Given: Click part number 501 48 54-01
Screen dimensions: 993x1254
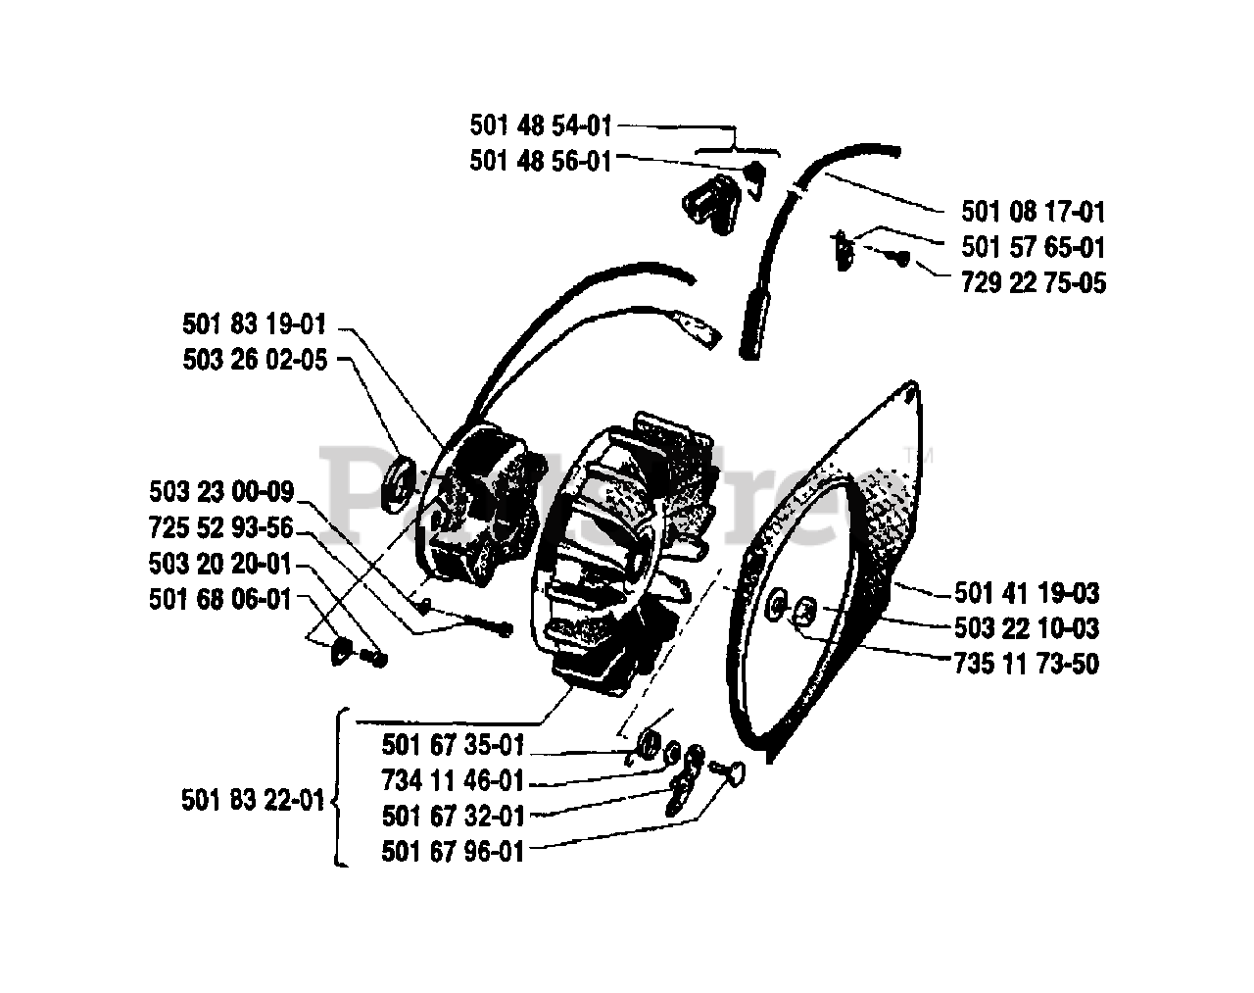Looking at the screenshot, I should (x=541, y=125).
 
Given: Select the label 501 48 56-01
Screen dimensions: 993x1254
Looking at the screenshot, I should (x=541, y=161).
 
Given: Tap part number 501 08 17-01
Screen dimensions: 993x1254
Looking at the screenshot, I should (x=1034, y=212).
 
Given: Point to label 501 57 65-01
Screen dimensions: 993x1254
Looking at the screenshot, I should (x=1034, y=247).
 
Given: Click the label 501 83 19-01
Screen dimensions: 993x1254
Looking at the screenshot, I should (x=254, y=323).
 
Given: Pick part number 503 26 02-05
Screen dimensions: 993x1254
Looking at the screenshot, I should (x=254, y=360).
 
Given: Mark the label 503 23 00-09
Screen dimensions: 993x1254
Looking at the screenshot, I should (x=221, y=491).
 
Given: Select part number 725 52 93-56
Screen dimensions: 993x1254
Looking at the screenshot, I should (x=221, y=527).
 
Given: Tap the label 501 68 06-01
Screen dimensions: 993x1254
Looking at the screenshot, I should (x=221, y=598).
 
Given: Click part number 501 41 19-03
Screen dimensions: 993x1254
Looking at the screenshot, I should (x=1027, y=593).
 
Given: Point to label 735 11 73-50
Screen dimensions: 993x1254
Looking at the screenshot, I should (x=1027, y=664).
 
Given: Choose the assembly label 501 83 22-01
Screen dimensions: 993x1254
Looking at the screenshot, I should (x=253, y=800).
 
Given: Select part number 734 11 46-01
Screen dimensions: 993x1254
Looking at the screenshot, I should (x=454, y=781).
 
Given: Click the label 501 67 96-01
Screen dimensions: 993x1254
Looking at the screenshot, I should (x=454, y=852).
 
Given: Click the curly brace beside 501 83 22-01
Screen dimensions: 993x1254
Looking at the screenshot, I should (x=339, y=788).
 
